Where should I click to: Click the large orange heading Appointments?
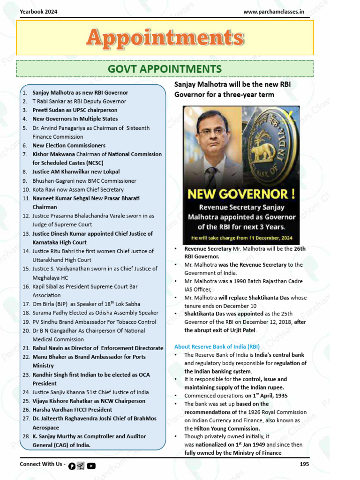coord(165,38)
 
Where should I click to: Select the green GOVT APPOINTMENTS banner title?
coord(165,69)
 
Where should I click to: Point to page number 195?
coord(304,464)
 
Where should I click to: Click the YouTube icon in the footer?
coord(91,465)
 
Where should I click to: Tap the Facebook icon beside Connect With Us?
coord(72,465)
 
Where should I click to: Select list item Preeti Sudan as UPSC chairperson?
coord(75,110)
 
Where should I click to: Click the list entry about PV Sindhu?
coord(94,322)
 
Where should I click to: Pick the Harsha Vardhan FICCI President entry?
coord(72,410)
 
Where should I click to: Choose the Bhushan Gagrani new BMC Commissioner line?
coord(84,180)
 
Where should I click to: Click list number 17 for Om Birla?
coord(26,304)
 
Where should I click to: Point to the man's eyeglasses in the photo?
coord(212,132)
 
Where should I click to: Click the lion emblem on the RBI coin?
coord(263,151)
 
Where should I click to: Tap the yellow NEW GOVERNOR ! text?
coord(241,194)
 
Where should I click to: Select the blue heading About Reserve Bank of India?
coord(217,347)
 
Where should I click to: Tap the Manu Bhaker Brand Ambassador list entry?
coord(89,357)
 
